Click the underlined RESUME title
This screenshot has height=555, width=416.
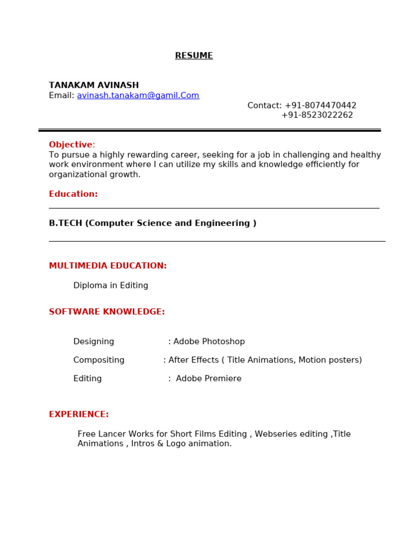[x=194, y=56]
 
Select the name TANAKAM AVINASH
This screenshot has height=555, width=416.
[x=94, y=85]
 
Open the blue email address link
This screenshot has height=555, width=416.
[x=138, y=95]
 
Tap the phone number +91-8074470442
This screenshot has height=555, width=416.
[x=320, y=106]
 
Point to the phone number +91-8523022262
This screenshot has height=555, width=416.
[x=317, y=115]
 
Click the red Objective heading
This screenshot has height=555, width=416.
[x=71, y=145]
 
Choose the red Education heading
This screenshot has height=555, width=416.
[x=73, y=194]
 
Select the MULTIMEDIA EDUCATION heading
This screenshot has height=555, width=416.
[x=108, y=266]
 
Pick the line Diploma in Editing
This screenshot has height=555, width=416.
[x=110, y=286]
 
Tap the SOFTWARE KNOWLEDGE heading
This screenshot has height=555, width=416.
[x=107, y=312]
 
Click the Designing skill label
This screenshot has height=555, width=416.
[x=94, y=341]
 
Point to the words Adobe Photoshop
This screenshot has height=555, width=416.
[x=209, y=341]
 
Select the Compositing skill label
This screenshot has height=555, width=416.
[x=99, y=360]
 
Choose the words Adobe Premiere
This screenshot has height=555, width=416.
[x=209, y=378]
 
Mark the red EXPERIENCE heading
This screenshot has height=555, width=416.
[x=79, y=414]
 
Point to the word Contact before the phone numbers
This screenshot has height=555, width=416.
[x=264, y=106]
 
